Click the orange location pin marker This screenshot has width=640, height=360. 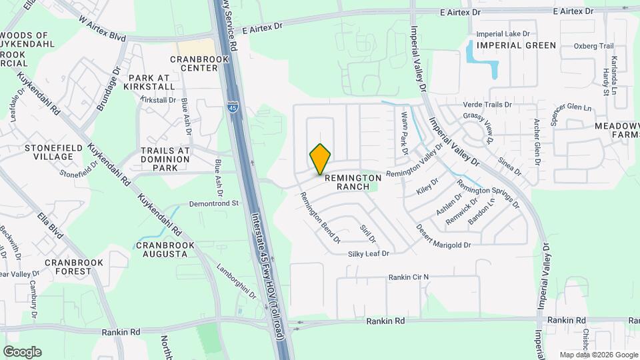[x=320, y=158]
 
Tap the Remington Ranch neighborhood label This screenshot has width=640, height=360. [x=353, y=183]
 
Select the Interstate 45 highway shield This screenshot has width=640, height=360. [x=231, y=106]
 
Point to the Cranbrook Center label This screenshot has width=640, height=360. [x=199, y=63]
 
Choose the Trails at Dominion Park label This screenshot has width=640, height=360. [x=165, y=159]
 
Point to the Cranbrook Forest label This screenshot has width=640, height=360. [x=74, y=267]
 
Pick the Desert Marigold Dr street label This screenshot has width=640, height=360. [x=443, y=236]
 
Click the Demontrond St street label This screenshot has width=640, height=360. [x=214, y=203]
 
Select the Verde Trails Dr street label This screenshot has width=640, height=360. [x=487, y=105]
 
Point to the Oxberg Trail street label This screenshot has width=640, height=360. [x=593, y=46]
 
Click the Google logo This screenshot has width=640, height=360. [x=22, y=352]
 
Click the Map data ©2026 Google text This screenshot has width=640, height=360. [x=598, y=355]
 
